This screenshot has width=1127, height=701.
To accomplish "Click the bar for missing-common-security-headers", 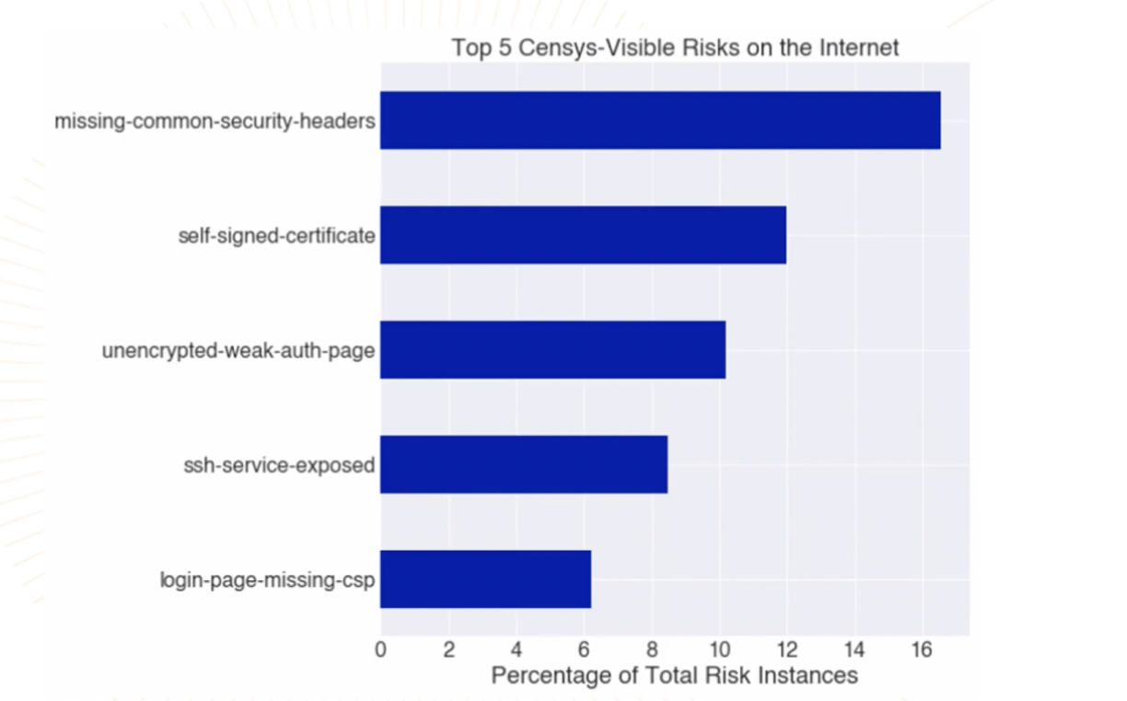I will pos(660,120).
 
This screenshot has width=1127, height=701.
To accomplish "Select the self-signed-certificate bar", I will pos(583,235).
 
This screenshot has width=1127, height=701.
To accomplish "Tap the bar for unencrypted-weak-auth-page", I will pos(552,349).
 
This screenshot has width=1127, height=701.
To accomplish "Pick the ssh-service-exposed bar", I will pos(524,464).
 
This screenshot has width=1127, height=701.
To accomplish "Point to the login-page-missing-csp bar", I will pos(485,578).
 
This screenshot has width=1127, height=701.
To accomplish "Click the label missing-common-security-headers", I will pos(215,121).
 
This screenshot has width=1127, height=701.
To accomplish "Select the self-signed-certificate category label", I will pos(276,236).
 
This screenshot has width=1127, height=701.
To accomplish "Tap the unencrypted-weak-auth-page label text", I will pos(238,350).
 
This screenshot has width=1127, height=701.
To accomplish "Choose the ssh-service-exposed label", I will pos(279,465).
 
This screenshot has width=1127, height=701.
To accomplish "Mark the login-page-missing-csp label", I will pos(267,579).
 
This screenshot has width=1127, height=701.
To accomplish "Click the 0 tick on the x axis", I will pos(381,649).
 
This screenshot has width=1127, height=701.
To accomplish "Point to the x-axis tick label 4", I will pos(517,649).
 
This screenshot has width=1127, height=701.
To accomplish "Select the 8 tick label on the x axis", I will pos(652,649).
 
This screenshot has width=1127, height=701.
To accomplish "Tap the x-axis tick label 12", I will pos(786,649).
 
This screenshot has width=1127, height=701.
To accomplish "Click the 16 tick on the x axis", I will pos(922,649).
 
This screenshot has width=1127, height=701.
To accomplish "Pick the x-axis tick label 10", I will pos(719,649).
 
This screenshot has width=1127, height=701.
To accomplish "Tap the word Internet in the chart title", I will pos(856,47).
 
